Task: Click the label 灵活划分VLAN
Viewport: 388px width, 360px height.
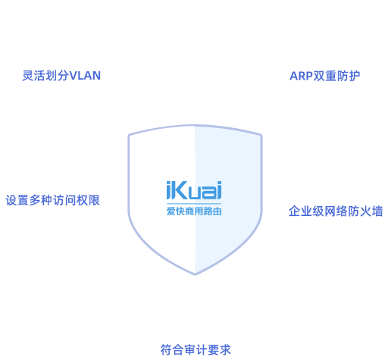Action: click(61, 76)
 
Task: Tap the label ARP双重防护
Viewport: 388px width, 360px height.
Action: click(324, 76)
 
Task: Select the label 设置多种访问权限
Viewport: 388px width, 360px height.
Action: click(52, 200)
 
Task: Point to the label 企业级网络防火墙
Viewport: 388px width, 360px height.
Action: click(336, 211)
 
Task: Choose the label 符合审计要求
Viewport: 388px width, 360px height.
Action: click(196, 349)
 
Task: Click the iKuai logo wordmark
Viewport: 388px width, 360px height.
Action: click(194, 190)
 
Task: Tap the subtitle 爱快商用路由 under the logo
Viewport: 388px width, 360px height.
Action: click(194, 211)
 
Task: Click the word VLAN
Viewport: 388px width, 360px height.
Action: click(85, 76)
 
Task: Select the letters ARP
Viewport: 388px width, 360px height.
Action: click(301, 76)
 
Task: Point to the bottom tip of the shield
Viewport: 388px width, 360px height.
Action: click(195, 274)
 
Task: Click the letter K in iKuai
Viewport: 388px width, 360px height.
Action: click(180, 190)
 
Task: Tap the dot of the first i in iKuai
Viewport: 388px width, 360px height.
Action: click(168, 183)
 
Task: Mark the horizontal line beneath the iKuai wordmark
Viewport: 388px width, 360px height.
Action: click(194, 203)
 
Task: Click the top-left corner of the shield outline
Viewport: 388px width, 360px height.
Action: click(129, 135)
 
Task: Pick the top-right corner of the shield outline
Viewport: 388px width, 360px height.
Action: click(261, 136)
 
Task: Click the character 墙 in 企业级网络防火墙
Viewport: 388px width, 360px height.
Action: click(377, 211)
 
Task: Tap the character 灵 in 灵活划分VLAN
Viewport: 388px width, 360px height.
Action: click(28, 76)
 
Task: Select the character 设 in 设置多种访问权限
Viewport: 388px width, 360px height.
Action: click(11, 200)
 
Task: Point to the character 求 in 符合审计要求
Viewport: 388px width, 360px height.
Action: click(225, 349)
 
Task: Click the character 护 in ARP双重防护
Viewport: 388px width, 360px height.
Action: click(355, 76)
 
